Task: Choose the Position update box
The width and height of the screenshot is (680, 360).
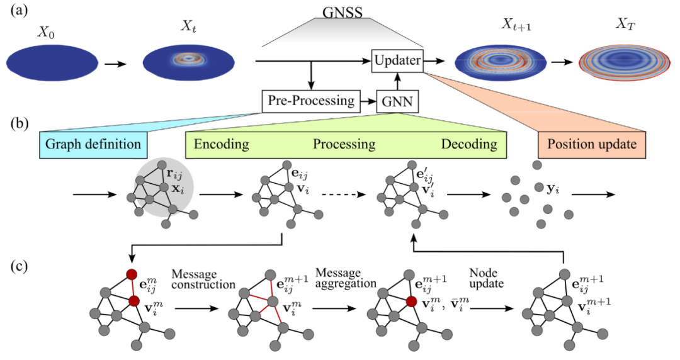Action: point(586,144)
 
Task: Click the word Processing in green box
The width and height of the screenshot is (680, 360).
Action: point(344,144)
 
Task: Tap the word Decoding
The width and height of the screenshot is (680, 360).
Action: point(468,144)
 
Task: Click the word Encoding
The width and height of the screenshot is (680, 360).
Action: point(221,144)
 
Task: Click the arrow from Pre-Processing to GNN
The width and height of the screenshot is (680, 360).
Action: point(367,101)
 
